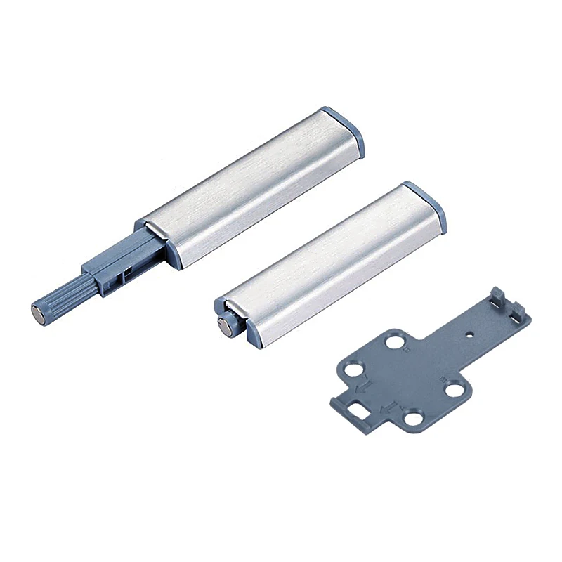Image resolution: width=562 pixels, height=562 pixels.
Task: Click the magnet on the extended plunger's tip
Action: (x=37, y=308)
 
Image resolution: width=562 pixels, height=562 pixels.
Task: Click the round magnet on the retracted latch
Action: (x=225, y=325)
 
